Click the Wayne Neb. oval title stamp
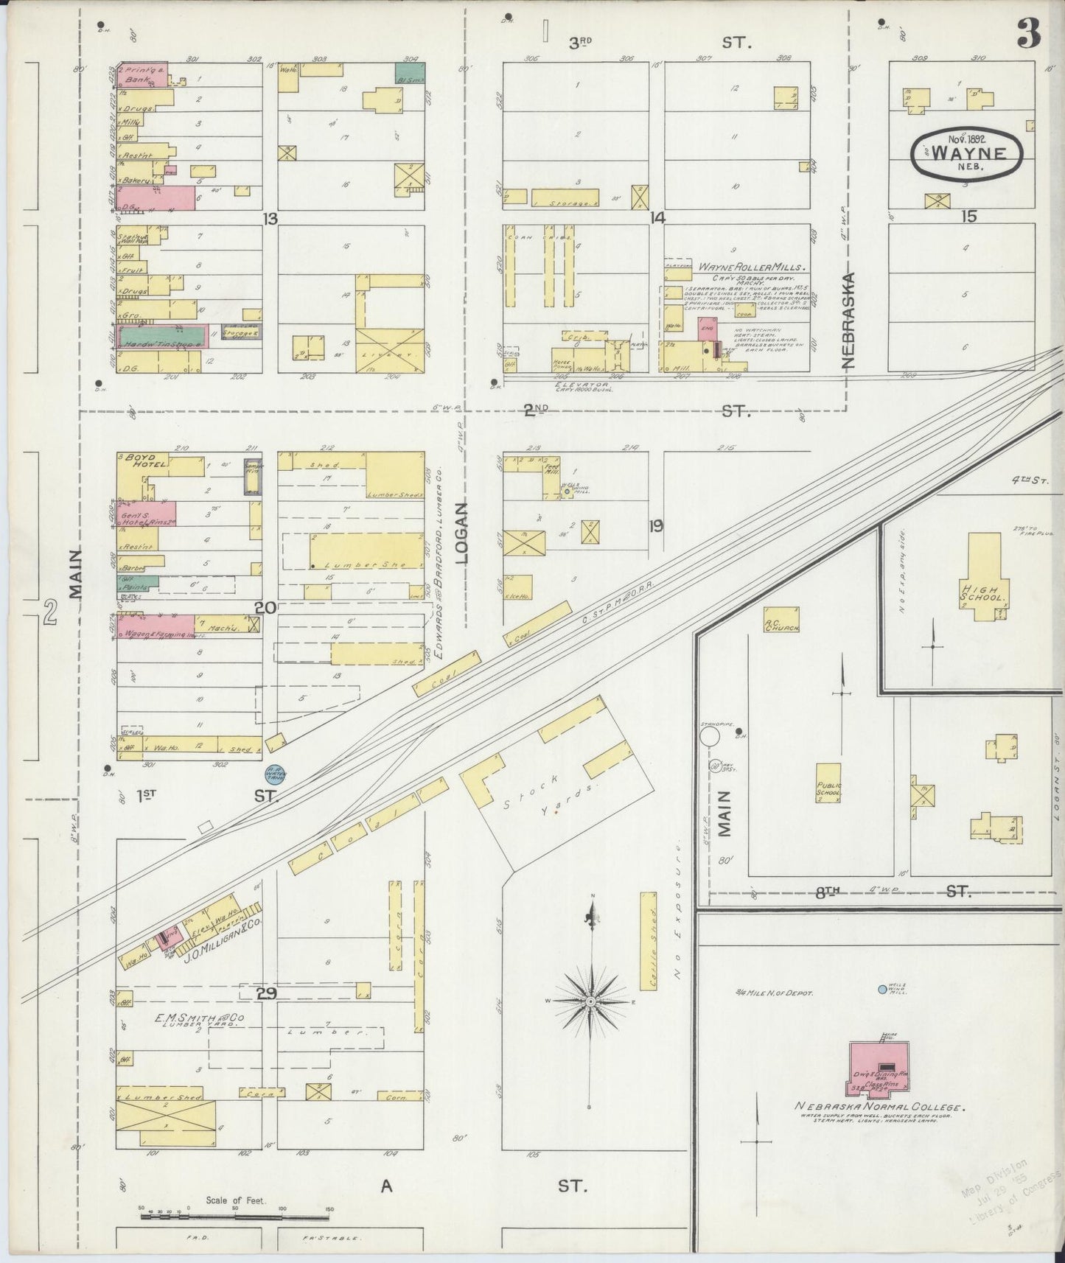[x=968, y=153]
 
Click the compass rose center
[x=590, y=1003]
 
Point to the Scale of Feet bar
[x=236, y=1208]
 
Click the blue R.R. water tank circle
[x=276, y=774]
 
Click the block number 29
[x=266, y=994]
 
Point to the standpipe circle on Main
[x=710, y=736]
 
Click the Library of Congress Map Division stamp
[x=1007, y=1197]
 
